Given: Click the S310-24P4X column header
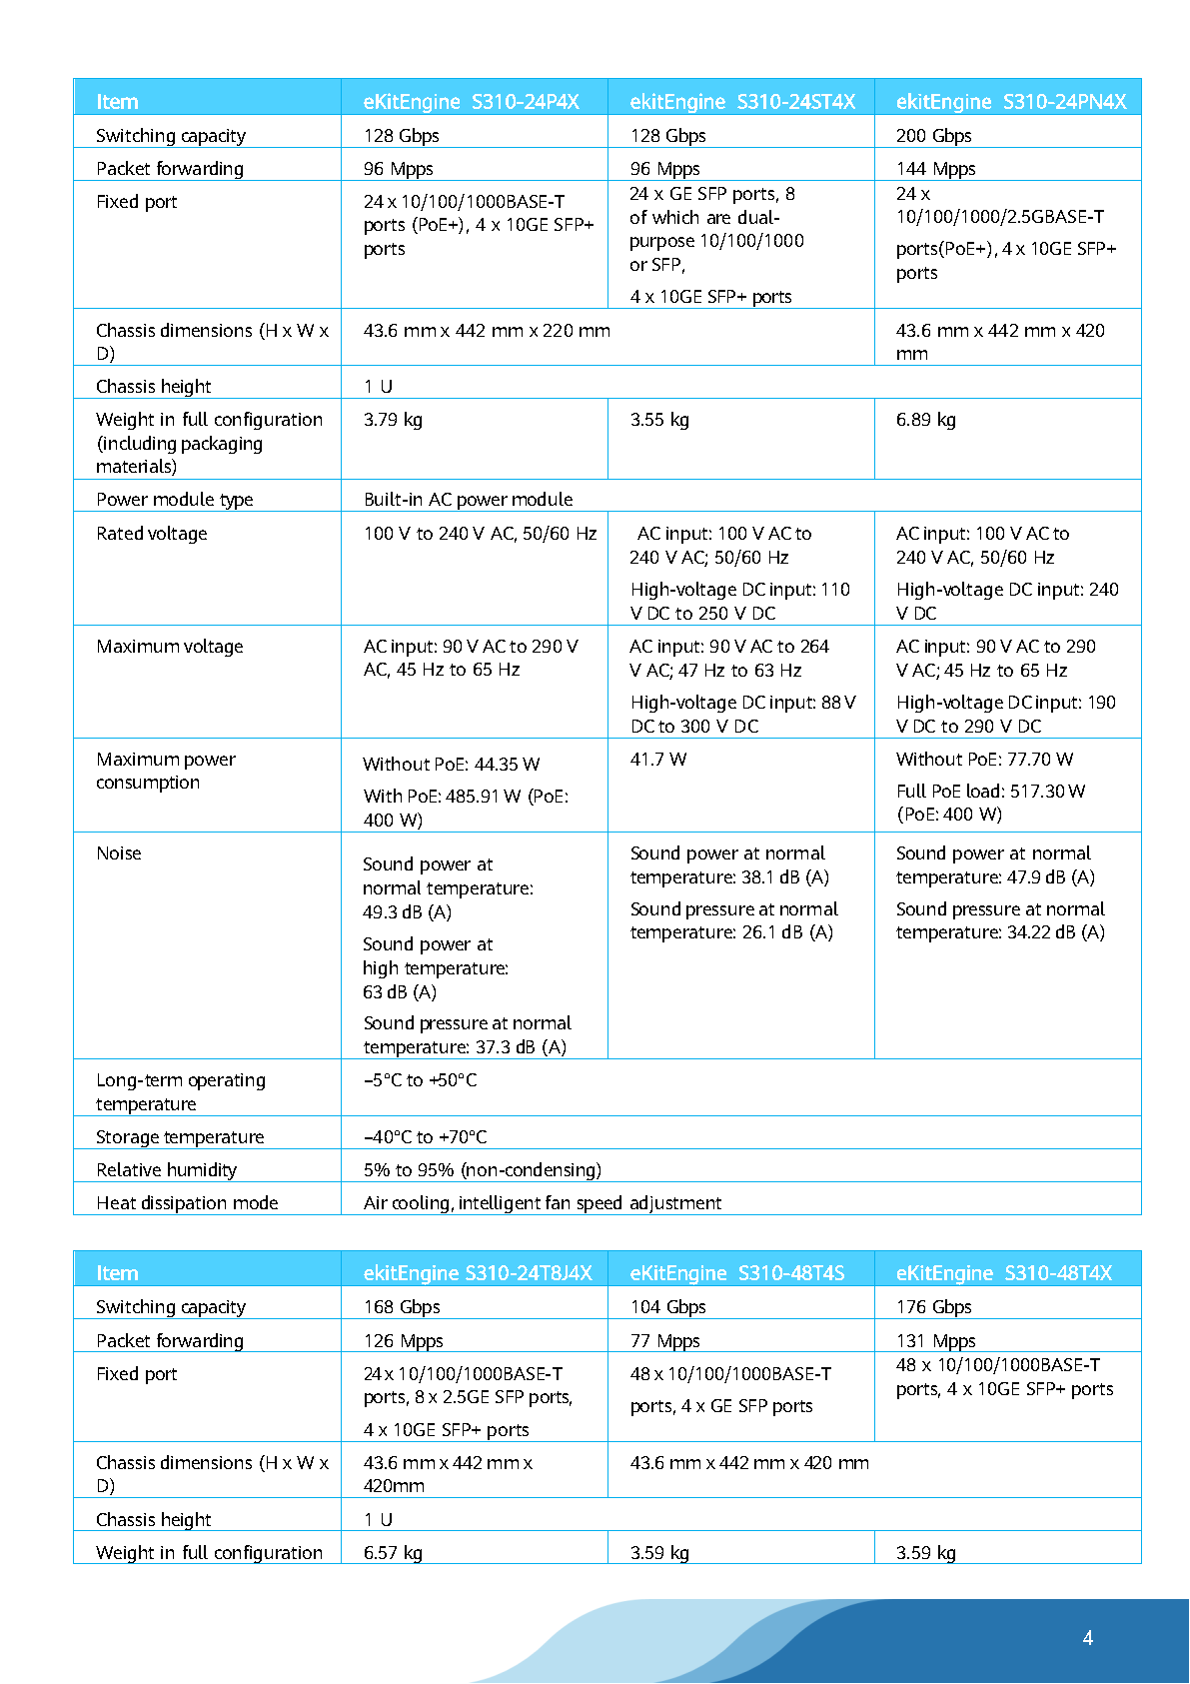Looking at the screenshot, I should click(471, 102).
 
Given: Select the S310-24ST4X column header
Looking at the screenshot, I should click(742, 102).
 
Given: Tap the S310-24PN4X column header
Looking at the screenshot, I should click(1010, 102).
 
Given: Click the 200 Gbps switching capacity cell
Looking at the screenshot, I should click(933, 136).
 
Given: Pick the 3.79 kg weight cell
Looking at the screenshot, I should click(393, 420).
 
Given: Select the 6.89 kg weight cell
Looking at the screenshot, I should click(925, 420).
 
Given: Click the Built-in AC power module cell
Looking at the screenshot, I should click(468, 500).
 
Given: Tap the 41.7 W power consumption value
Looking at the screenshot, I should click(658, 760).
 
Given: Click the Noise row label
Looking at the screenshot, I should click(119, 853).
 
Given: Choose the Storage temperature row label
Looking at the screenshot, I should click(180, 1137).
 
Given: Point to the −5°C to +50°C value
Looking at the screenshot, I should click(420, 1080).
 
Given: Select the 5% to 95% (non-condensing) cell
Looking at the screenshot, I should click(482, 1170).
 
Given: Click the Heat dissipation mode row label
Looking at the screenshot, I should click(187, 1203).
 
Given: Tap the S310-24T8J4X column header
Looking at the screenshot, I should click(478, 1273).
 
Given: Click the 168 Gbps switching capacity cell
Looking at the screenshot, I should click(402, 1307).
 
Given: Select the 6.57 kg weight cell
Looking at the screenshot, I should click(393, 1553).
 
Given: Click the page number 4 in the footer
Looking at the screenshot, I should click(1087, 1638).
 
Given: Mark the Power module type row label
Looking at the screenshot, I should click(174, 500).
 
